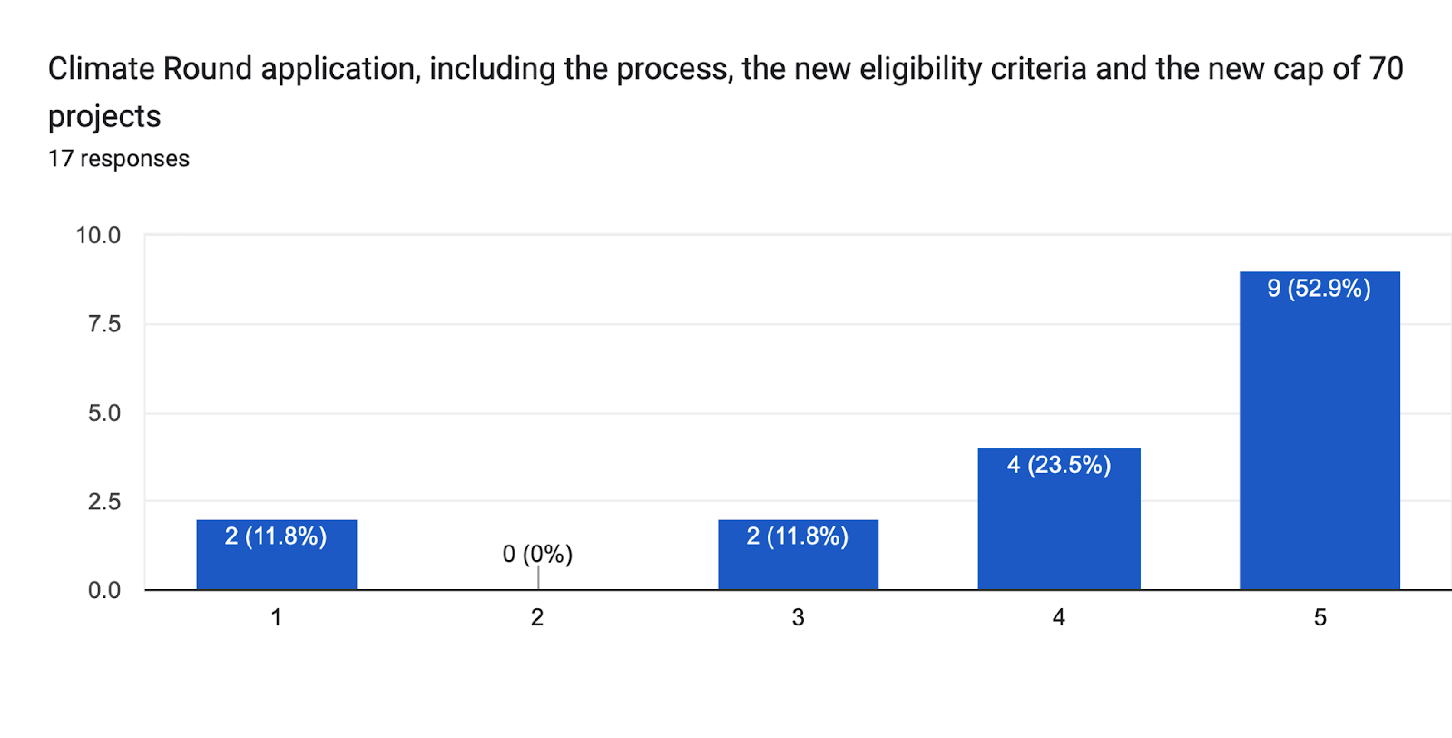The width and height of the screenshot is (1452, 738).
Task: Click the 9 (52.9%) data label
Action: point(1319,289)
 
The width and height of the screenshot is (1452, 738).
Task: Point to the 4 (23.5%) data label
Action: point(1058,465)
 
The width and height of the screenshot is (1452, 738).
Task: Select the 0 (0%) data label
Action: point(537,554)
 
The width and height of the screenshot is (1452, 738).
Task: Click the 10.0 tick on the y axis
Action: point(98,235)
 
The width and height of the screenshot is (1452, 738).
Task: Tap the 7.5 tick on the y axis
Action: point(104,324)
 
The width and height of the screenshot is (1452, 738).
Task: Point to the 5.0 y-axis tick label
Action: point(104,413)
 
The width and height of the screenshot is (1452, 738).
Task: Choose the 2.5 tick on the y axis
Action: point(104,501)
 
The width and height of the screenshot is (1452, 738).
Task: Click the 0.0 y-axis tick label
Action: point(104,590)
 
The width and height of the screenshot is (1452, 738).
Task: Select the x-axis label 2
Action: point(537,617)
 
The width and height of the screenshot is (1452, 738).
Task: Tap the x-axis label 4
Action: point(1058,617)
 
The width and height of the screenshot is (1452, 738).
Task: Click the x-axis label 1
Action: point(276,617)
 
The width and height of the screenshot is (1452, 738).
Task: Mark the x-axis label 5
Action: point(1320,617)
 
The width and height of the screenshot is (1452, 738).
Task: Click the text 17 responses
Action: point(119,159)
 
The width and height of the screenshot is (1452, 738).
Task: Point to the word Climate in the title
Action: point(102,69)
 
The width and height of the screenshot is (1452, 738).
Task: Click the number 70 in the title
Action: point(1386,69)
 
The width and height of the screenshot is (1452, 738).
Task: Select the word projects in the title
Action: point(104,117)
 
